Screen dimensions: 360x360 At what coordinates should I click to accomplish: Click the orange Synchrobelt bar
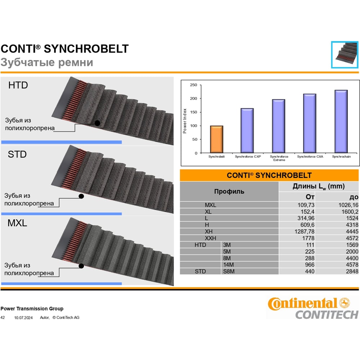pos(216,139)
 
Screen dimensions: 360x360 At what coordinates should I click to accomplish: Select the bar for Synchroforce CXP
pos(247,130)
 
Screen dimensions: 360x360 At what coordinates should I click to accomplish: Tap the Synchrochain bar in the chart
pos(341,121)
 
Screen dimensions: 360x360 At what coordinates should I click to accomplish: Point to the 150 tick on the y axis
pos(194,112)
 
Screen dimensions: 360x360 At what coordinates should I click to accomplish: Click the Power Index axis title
pos(185,121)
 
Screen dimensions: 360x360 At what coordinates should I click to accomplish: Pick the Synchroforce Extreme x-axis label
pos(279,158)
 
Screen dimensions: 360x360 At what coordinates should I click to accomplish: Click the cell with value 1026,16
pos(348,205)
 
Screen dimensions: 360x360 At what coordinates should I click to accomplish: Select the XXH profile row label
pos(210,238)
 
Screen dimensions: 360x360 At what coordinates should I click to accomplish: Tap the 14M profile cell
pos(229,265)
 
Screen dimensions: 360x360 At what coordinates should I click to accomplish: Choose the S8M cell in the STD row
pos(229,271)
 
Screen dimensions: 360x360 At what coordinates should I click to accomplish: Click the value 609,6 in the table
pos(307,225)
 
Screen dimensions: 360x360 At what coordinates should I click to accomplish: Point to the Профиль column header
pos(229,192)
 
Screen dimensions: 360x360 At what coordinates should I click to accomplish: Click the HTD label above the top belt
pos(18,85)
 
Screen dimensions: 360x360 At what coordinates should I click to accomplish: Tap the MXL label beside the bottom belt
pos(17,223)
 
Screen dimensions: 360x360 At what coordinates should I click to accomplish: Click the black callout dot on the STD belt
pos(81,196)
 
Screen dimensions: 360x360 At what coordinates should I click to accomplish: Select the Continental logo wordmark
pos(302,303)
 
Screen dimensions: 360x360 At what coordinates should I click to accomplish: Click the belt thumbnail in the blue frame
pos(345,55)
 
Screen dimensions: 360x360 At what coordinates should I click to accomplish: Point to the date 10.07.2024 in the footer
pos(23,318)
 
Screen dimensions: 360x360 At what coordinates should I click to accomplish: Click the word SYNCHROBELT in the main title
pos(86,49)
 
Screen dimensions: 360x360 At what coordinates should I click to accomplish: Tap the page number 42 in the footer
pos(3,318)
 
